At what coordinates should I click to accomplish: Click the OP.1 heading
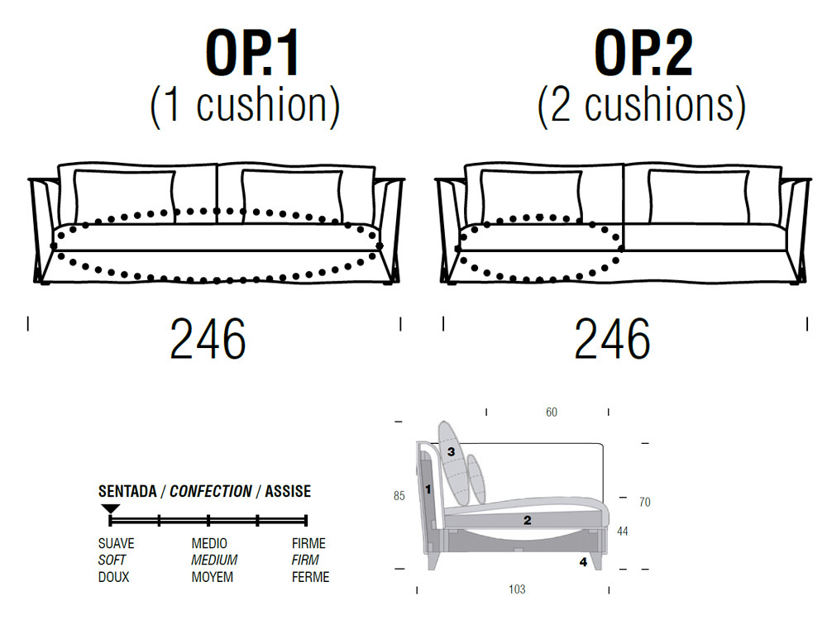point(252,53)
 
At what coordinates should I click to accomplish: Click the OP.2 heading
point(643,53)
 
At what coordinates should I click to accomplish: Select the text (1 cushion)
point(246,106)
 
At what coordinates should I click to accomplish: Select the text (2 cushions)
point(642,106)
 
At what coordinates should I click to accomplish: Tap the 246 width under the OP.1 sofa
point(208,338)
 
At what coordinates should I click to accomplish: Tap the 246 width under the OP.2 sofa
point(612,338)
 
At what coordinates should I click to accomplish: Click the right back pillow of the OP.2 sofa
point(699,197)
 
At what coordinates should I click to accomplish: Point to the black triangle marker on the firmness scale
point(110,508)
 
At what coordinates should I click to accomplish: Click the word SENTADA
point(127,491)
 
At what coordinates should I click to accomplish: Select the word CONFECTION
point(210,491)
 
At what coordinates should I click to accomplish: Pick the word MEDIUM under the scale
point(214,560)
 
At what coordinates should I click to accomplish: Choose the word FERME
point(311,577)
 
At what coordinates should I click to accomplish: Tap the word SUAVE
point(116,543)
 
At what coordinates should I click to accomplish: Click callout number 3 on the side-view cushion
point(451,451)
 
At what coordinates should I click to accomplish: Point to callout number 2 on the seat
point(528,520)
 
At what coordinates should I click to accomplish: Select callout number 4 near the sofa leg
point(583,562)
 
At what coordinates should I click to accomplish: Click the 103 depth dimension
point(517,589)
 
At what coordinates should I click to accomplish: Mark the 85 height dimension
point(399,495)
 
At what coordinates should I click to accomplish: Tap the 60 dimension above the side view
point(552,413)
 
